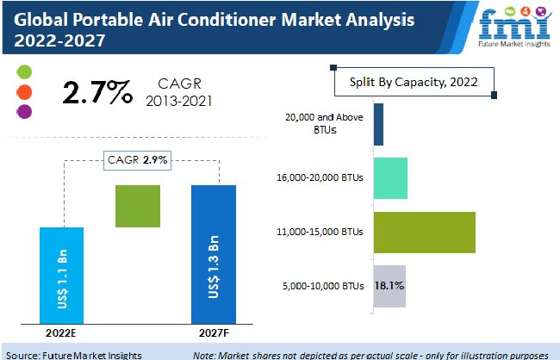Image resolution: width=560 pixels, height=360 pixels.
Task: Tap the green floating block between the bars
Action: [138, 206]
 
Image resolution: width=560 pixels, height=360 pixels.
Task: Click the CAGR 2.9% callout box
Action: [137, 159]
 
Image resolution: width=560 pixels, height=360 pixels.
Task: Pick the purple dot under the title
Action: [24, 111]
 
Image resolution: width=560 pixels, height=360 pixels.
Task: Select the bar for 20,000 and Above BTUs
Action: [378, 124]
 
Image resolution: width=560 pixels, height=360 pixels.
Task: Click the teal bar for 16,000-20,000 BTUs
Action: [390, 178]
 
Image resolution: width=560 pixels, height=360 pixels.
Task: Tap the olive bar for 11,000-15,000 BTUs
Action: [424, 233]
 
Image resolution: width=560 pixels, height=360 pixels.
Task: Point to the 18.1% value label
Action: [389, 285]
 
